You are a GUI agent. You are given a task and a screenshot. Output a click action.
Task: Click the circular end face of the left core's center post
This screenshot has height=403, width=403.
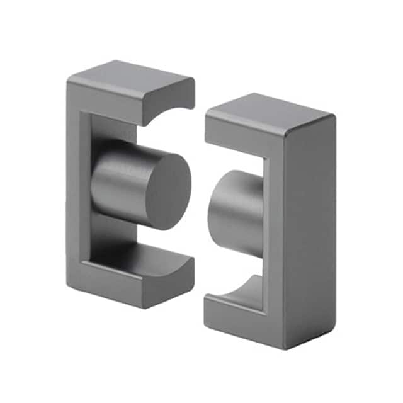[165, 190]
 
